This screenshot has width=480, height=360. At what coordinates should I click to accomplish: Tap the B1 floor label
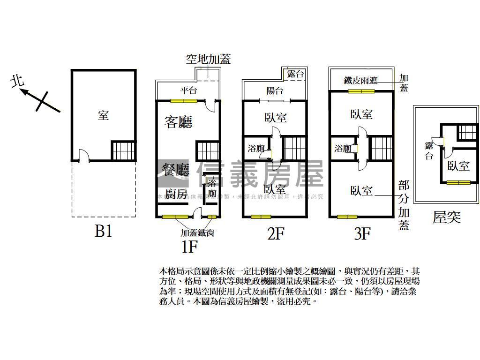click(x=103, y=232)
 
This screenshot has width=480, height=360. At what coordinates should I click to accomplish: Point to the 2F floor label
click(x=276, y=233)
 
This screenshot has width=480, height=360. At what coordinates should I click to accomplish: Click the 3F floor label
click(x=362, y=233)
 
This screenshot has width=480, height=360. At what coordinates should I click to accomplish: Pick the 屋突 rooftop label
click(x=447, y=217)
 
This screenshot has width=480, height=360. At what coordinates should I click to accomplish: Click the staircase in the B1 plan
click(x=123, y=151)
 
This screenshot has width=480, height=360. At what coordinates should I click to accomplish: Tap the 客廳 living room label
click(x=179, y=122)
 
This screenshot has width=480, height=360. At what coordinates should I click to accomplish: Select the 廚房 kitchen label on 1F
click(x=176, y=194)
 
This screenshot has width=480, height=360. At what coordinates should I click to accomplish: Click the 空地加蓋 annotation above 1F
click(x=208, y=59)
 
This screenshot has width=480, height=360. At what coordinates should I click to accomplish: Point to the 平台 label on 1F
click(x=188, y=90)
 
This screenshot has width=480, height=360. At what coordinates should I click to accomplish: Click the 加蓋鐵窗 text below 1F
click(x=197, y=232)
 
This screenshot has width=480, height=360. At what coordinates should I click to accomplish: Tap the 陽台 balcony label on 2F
click(x=275, y=91)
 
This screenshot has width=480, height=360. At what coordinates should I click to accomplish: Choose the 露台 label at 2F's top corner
click(x=296, y=74)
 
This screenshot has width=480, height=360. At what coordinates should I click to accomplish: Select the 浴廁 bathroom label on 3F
click(x=343, y=149)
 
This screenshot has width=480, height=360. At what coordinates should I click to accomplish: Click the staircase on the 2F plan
click(x=295, y=148)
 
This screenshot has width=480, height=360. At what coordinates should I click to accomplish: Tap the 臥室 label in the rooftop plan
click(x=458, y=165)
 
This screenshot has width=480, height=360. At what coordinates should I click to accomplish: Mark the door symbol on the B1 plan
click(x=83, y=156)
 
